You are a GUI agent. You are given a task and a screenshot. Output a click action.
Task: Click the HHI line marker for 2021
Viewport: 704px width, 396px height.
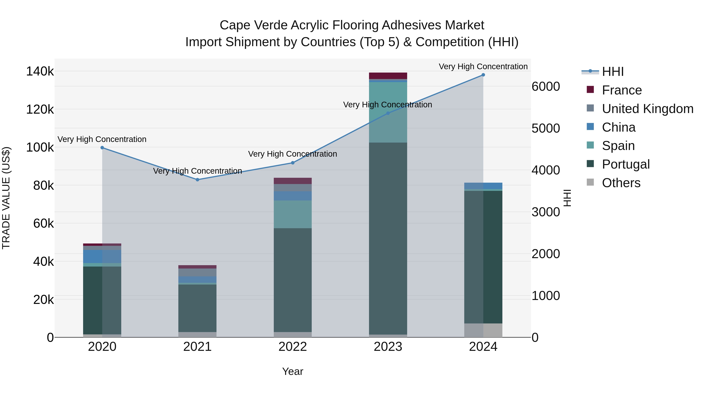click(197, 180)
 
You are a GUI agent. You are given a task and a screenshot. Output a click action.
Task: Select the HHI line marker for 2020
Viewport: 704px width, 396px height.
click(102, 148)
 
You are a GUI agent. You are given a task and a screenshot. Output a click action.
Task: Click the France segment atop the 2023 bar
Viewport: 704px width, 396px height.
click(388, 76)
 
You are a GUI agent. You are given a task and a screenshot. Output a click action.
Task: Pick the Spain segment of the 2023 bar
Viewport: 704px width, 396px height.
click(388, 112)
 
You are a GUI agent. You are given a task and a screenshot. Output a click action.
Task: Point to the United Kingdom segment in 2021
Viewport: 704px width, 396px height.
click(197, 272)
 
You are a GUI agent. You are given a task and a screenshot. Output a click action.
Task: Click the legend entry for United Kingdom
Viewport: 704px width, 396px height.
click(647, 109)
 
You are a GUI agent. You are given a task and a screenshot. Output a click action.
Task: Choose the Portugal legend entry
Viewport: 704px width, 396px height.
click(626, 164)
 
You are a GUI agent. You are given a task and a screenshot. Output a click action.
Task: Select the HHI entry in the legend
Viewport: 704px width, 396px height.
click(612, 72)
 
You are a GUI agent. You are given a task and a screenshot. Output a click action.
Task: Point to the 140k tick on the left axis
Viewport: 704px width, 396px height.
click(40, 72)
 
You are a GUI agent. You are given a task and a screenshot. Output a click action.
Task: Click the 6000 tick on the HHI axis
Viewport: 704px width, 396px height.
click(545, 87)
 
